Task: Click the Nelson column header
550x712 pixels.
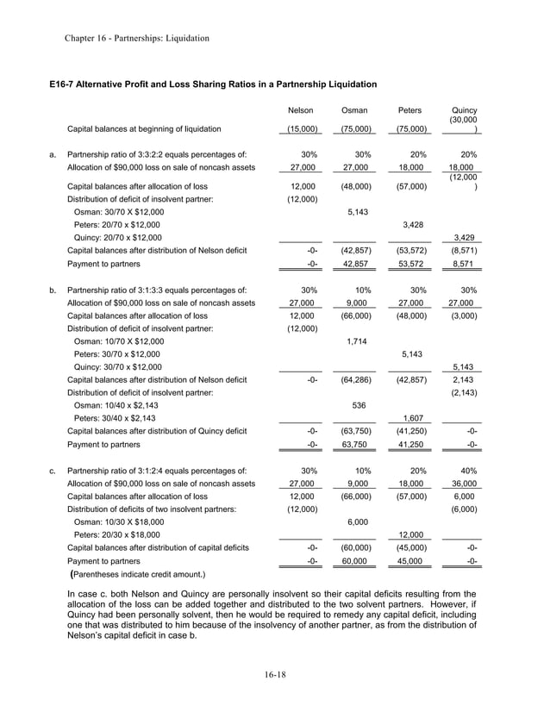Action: (300, 111)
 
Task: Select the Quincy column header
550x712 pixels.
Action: (464, 111)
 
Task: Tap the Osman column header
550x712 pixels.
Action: (355, 111)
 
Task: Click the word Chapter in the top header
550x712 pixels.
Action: (82, 38)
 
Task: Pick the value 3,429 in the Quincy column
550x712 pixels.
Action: (466, 237)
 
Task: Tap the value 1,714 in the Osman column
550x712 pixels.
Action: (357, 340)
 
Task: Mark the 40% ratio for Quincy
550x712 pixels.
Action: (468, 472)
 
